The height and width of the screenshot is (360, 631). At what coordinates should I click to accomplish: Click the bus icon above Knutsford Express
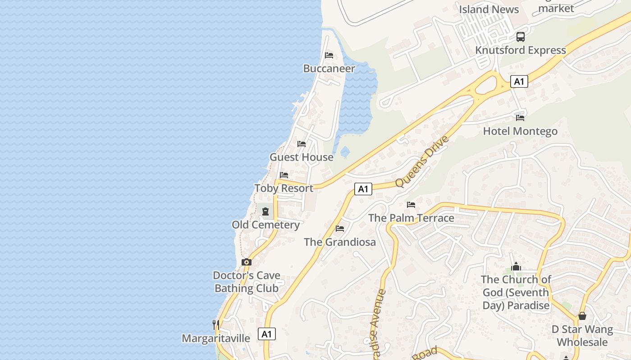521,37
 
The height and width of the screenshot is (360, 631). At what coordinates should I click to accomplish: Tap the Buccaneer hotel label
329,68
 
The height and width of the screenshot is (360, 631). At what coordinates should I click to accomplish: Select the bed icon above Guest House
302,144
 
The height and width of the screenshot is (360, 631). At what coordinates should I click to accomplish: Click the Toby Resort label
283,188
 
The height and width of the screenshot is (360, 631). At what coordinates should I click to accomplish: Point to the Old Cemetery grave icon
265,211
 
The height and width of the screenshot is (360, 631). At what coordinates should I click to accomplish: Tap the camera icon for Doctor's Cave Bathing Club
246,262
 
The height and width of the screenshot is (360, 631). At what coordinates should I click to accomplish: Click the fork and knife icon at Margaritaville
216,324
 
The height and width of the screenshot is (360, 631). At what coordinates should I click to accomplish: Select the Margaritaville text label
216,338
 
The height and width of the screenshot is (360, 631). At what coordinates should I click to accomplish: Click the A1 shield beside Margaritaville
267,334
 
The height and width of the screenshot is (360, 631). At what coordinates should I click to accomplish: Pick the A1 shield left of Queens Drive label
363,189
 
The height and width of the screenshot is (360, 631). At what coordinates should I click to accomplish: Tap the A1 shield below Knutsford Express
519,81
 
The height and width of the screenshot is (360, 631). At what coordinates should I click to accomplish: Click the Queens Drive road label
422,161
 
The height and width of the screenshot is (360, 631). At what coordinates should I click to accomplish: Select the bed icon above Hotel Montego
520,118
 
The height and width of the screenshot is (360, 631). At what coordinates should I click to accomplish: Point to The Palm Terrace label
411,218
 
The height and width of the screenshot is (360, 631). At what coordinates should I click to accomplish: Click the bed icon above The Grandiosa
340,229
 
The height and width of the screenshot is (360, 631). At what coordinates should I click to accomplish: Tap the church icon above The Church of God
516,266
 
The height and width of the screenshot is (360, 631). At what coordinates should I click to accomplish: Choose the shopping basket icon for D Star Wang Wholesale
582,316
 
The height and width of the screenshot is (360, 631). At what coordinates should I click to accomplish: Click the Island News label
489,9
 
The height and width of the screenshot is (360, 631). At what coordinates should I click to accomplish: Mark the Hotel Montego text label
520,131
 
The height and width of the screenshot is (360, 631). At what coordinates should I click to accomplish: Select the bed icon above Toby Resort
283,175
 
